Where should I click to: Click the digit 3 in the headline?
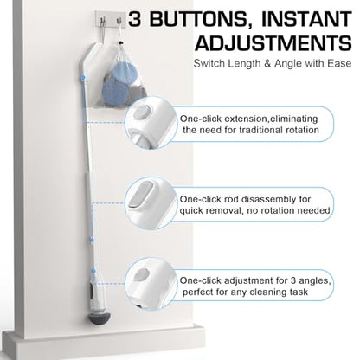[136, 19]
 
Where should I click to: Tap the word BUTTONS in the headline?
[198, 20]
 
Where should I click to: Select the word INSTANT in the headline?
[306, 19]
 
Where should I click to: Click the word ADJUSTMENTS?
[273, 43]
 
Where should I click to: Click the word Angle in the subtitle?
[287, 63]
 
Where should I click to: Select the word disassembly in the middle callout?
[265, 199]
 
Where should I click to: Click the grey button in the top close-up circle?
[143, 111]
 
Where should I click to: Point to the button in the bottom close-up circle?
[142, 274]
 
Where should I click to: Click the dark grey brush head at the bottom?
[100, 318]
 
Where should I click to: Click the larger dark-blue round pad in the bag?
[115, 92]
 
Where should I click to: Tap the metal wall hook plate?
[111, 18]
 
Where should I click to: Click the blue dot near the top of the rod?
[83, 78]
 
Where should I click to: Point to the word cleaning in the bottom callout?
[267, 292]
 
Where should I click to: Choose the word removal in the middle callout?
[220, 211]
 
